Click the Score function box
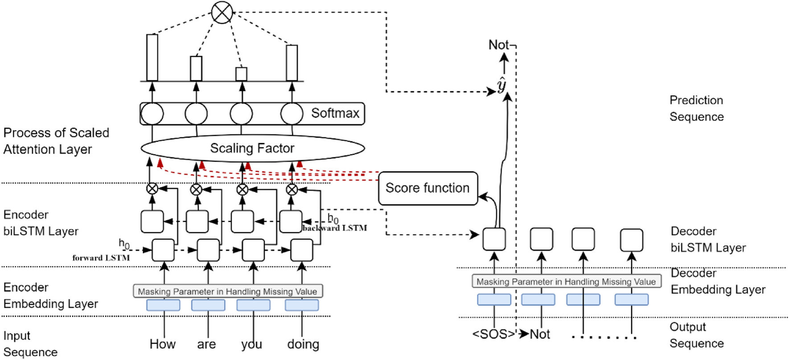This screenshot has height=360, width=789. (x=428, y=188)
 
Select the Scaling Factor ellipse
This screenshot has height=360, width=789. (x=253, y=148)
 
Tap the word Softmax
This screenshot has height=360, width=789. (x=335, y=113)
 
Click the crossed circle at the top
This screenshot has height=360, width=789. (x=222, y=12)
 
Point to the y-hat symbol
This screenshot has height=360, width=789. (x=502, y=85)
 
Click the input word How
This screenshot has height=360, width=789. (x=163, y=344)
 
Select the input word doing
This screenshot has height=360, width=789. (x=303, y=344)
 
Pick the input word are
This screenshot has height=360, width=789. (x=206, y=344)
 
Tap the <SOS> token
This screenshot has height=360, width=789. (x=494, y=334)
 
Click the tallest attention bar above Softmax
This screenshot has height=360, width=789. (x=152, y=57)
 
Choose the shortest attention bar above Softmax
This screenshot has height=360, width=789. (x=241, y=74)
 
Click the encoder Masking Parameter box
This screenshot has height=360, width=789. (x=228, y=291)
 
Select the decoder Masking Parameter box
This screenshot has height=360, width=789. (x=567, y=281)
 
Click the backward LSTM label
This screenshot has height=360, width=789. (x=335, y=228)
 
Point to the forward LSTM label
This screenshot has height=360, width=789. (x=101, y=258)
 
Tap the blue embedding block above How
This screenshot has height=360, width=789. (x=164, y=305)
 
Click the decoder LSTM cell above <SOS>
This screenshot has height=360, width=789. (x=494, y=239)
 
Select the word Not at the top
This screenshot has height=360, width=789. (x=498, y=45)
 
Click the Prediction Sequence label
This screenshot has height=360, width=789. (x=696, y=108)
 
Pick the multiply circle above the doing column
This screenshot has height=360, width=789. (x=292, y=189)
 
